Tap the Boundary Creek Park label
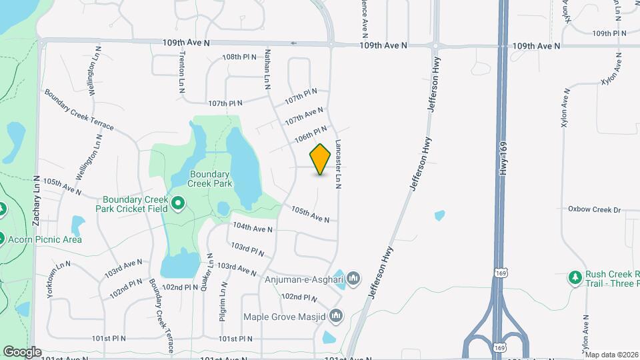[209, 179]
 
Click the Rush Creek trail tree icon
[574, 277]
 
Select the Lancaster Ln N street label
[338, 164]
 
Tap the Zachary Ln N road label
[37, 180]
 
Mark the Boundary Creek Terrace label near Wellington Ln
[79, 109]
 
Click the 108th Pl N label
[240, 57]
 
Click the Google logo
[22, 352]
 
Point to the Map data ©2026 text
[611, 355]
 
